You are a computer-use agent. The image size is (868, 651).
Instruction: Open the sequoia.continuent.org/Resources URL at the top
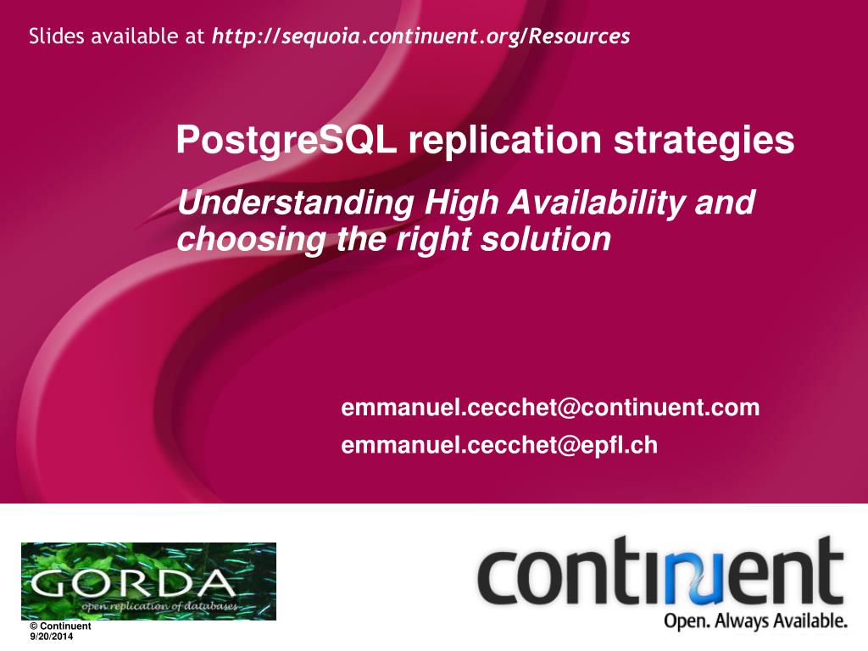[420, 36]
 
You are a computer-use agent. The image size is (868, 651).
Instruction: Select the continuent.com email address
[550, 408]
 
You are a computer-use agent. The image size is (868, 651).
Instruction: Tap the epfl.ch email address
[499, 445]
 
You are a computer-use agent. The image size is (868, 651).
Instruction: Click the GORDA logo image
[148, 581]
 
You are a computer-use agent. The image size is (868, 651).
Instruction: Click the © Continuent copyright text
[60, 626]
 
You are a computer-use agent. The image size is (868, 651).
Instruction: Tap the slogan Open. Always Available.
[755, 621]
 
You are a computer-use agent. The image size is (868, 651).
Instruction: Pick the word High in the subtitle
[463, 204]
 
